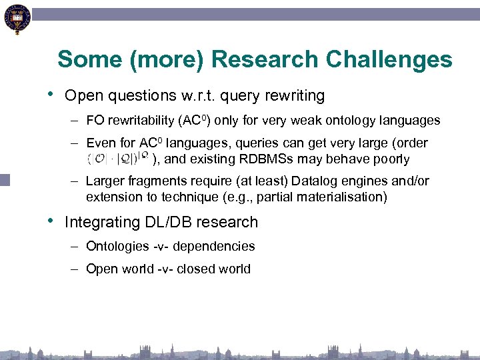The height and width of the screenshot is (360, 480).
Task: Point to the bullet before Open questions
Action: pyautogui.click(x=51, y=95)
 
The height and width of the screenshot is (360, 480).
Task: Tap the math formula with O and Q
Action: pyautogui.click(x=117, y=159)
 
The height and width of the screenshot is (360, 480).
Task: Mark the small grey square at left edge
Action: pyautogui.click(x=5, y=179)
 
